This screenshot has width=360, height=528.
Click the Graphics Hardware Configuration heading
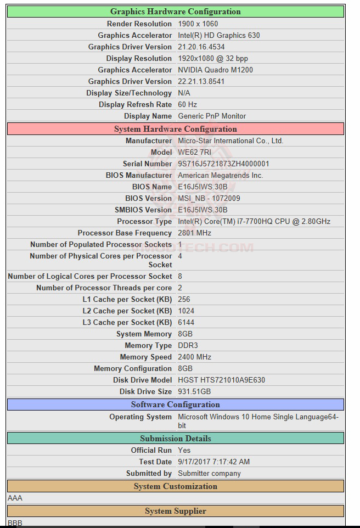coord(176,12)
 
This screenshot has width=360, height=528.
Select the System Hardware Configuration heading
coord(176,129)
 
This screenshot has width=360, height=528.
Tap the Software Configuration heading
coord(176,405)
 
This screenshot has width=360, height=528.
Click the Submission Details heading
coord(176,439)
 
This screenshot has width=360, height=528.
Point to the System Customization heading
coord(176,486)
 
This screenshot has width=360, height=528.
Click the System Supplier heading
coord(176,511)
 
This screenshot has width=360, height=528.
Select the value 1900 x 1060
coord(198,24)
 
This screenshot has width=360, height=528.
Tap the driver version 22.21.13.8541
coord(201,81)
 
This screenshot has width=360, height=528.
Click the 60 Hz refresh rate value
coord(188,104)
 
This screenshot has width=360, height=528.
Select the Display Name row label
coord(148,116)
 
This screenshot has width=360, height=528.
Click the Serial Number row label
coord(147,164)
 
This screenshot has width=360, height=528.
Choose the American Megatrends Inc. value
coord(221,175)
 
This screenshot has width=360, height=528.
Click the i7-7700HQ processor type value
coord(254,221)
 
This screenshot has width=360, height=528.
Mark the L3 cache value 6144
coord(187,322)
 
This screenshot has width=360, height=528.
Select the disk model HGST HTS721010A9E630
coord(222,380)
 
